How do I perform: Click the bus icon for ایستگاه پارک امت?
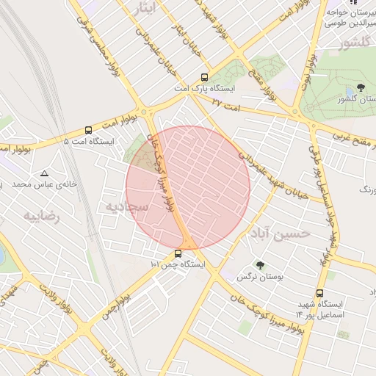pos(204,76)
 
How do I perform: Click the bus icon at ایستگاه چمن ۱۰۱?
pos(178,254)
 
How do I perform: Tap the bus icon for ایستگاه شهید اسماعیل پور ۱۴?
pos(319,294)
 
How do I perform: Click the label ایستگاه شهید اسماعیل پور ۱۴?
pos(319,309)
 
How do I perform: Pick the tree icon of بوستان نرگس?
pos(259,265)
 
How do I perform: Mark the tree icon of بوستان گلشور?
pos(360,88)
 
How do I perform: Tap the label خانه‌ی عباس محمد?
pos(45,184)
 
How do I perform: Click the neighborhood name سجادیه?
pos(126,206)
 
